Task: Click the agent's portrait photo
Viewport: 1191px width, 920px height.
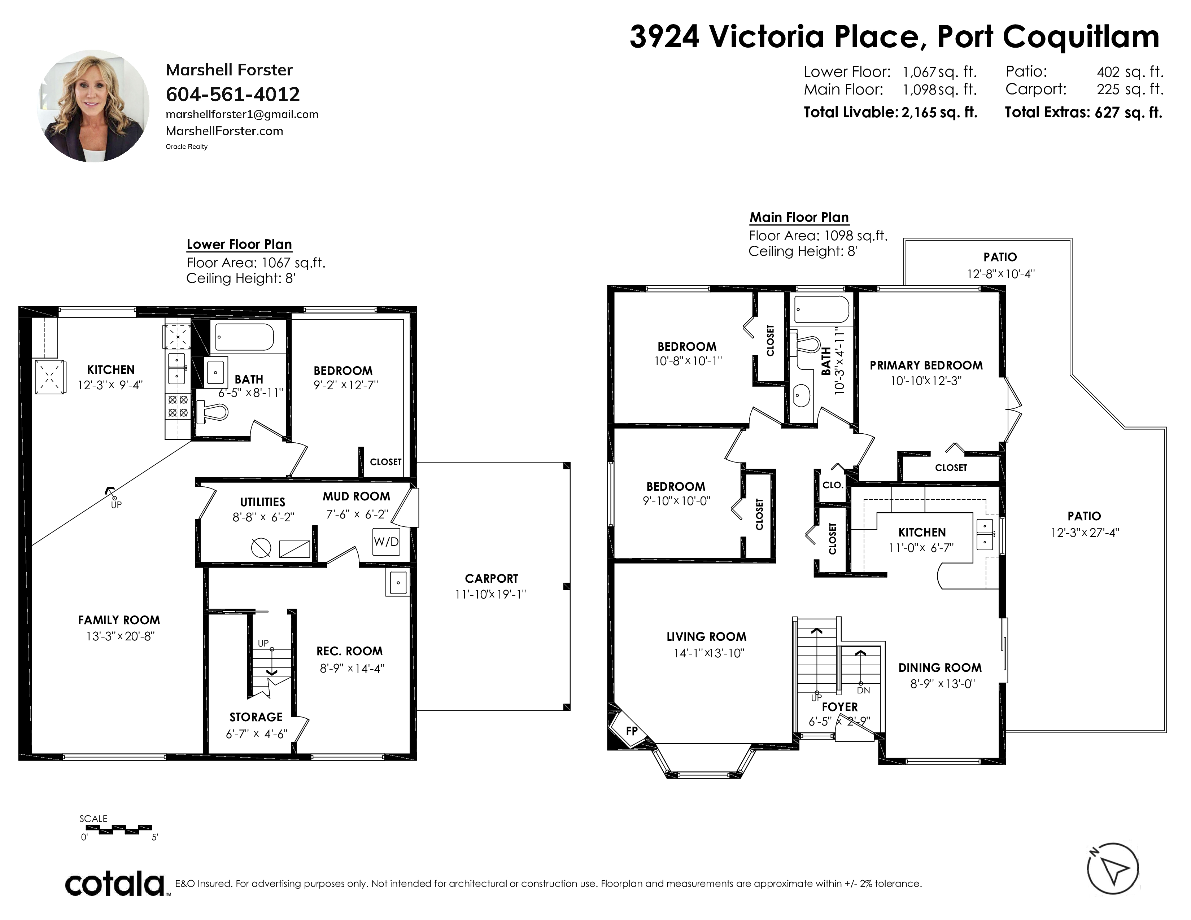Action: point(93,106)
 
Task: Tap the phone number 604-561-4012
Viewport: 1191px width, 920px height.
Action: point(233,94)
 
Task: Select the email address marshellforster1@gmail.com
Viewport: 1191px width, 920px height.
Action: point(242,114)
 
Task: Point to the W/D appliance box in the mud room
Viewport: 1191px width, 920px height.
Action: point(386,542)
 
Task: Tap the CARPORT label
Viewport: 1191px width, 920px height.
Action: point(491,578)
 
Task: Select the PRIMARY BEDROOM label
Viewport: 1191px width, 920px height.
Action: point(926,365)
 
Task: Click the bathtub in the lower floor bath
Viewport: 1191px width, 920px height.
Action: point(244,337)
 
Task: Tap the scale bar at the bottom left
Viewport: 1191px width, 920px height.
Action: point(119,829)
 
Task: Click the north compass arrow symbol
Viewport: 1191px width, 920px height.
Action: point(1112,868)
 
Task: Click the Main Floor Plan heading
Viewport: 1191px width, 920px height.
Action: point(799,218)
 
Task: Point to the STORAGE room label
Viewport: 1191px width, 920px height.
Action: point(256,717)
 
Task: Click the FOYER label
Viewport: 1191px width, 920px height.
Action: point(840,707)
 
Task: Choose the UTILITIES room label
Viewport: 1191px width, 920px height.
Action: point(263,502)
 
